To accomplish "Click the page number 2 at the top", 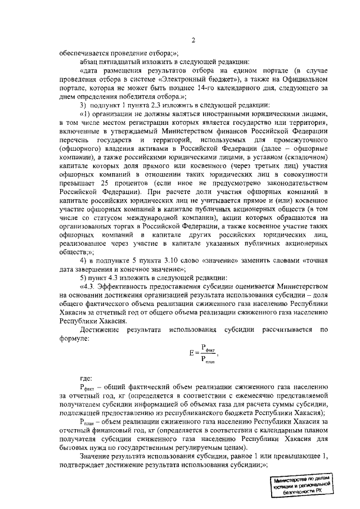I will point(192,40).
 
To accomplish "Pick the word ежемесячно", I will point(242,403).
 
